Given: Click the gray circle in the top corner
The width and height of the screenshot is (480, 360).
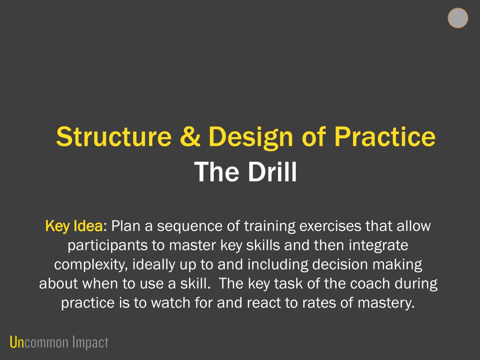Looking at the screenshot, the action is (x=457, y=18).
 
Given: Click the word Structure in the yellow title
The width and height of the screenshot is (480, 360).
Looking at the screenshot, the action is (x=114, y=136).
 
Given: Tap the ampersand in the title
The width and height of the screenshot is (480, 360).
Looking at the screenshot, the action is (x=190, y=136).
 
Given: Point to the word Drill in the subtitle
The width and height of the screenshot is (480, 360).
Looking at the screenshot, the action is (x=272, y=172).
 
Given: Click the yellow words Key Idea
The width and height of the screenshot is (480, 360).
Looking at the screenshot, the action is (x=74, y=226).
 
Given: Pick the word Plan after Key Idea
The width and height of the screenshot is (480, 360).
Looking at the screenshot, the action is (x=126, y=226).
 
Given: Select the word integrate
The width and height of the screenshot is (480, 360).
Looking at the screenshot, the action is (x=378, y=246).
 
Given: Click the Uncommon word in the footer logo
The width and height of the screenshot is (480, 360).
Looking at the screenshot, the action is (x=39, y=343).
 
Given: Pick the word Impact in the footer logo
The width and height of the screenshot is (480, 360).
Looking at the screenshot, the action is (x=90, y=343).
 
